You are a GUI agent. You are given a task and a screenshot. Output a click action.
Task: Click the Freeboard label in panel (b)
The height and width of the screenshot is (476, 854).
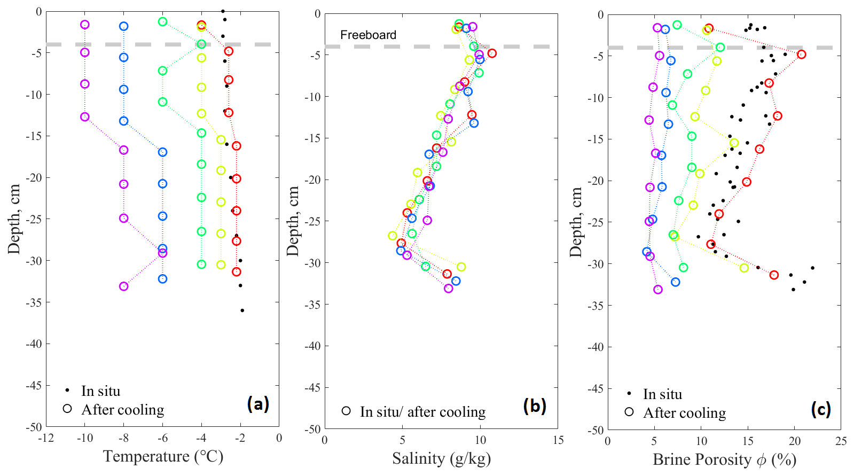point(368,35)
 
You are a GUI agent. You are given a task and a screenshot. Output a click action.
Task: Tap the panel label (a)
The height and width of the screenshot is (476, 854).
point(258,404)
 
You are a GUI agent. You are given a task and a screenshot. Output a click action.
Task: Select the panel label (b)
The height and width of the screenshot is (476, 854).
point(535,406)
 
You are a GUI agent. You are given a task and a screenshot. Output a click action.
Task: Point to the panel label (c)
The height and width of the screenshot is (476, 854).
point(820,409)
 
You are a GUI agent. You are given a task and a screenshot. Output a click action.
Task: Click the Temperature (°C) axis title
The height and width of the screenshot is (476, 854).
point(163,456)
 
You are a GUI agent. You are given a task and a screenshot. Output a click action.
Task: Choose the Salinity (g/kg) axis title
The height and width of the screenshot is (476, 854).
point(441,458)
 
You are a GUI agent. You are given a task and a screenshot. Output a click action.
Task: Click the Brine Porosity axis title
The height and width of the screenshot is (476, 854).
point(724,459)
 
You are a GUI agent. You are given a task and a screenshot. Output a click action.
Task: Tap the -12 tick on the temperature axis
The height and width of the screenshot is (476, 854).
point(46,439)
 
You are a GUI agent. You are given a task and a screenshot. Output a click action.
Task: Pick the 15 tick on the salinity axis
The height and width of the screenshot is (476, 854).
point(558,441)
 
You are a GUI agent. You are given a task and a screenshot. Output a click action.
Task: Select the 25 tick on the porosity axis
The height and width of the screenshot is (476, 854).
point(841,441)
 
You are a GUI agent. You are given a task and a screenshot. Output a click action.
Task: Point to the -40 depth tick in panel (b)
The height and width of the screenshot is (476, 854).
point(313,346)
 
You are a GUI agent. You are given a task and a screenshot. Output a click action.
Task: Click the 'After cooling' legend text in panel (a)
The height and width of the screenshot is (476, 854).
point(123,410)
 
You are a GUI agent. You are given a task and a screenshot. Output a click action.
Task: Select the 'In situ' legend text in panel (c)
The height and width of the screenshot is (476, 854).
point(662,394)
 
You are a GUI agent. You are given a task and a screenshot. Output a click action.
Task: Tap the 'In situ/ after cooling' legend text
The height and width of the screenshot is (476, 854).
point(422,412)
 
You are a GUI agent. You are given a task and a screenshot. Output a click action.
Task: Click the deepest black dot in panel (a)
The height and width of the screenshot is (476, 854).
point(242,310)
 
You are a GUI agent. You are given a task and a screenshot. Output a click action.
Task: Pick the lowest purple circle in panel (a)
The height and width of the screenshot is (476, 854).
point(123,286)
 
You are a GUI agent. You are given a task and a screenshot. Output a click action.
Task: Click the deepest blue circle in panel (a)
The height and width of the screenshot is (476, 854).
point(162,279)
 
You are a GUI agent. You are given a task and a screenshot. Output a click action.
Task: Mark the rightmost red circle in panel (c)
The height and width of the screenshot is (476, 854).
point(801,54)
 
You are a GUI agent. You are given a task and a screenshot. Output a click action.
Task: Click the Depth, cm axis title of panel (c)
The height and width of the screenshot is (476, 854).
point(576,222)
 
